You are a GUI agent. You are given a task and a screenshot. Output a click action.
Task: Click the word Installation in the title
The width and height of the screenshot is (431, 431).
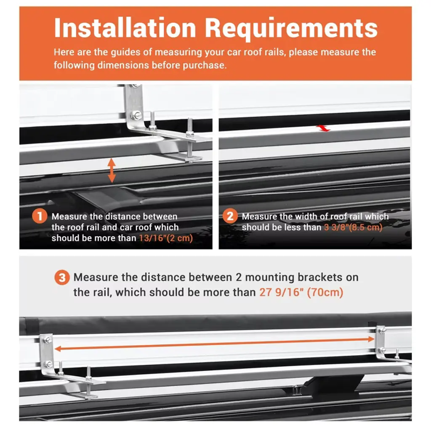click(x=125, y=28)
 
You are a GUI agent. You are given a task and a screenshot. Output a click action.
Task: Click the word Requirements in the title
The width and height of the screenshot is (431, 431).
click(x=291, y=28)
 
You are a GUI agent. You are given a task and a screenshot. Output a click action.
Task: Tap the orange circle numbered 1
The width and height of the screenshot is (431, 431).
click(x=40, y=216)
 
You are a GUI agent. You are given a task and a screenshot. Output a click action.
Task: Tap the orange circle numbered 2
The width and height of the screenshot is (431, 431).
click(x=230, y=216)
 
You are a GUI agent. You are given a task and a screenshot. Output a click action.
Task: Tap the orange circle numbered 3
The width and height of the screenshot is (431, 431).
click(x=62, y=277)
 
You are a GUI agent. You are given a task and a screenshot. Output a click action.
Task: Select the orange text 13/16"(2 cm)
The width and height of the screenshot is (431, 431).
click(x=166, y=238)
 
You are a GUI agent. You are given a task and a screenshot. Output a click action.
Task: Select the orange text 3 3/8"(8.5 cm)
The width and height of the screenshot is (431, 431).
click(x=353, y=227)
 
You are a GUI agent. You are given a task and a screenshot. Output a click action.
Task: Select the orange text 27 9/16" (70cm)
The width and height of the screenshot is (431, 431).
click(x=301, y=292)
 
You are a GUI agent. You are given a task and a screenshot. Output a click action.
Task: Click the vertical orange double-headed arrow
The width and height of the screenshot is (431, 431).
click(x=111, y=170)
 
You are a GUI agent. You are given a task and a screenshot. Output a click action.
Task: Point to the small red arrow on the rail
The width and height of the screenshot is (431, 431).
click(x=323, y=128)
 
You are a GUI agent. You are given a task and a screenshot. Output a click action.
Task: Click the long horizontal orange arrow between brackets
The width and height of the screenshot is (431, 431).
click(x=214, y=344)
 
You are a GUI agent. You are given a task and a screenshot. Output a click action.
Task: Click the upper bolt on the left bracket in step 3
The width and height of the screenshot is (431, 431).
click(x=48, y=341)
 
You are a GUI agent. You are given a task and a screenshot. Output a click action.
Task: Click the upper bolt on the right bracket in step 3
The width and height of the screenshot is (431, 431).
click(x=382, y=331)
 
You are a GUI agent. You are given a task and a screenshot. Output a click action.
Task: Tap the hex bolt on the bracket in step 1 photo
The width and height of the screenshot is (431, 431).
click(x=136, y=115)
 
